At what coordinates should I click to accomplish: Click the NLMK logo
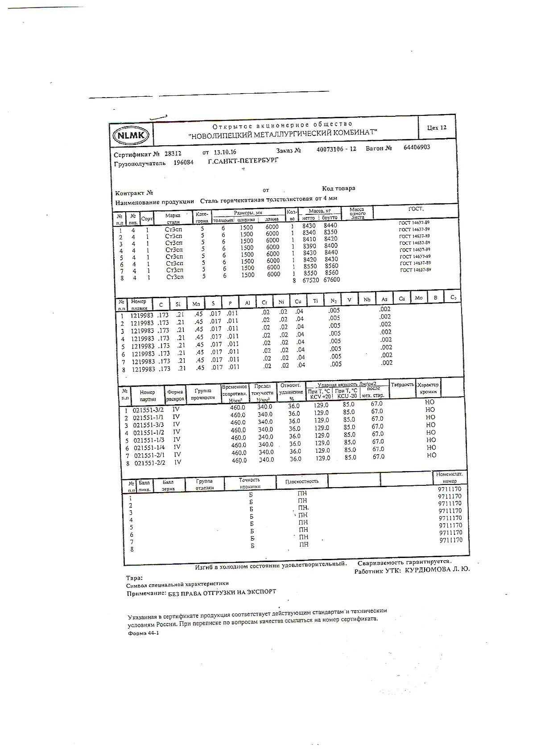[x=132, y=135]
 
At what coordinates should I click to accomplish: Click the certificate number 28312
[x=173, y=153]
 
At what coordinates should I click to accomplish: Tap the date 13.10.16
[x=225, y=152]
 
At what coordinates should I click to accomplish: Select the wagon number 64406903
[x=417, y=147]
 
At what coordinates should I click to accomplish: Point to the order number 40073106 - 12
[x=336, y=149]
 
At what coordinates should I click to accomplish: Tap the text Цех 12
[x=437, y=128]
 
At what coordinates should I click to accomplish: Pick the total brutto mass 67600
[x=331, y=280]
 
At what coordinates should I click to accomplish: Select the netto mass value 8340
[x=309, y=233]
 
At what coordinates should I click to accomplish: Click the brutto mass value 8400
[x=331, y=246]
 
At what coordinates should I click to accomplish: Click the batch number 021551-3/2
[x=148, y=410]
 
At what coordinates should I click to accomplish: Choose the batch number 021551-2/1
[x=149, y=455]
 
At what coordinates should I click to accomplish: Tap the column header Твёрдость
[x=402, y=384]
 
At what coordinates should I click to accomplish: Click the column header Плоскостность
[x=302, y=481]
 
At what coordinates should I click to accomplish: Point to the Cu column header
[x=298, y=302]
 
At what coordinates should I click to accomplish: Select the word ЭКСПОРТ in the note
[x=260, y=592]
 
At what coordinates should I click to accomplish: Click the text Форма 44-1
[x=143, y=633]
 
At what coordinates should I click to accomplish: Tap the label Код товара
[x=338, y=188]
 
